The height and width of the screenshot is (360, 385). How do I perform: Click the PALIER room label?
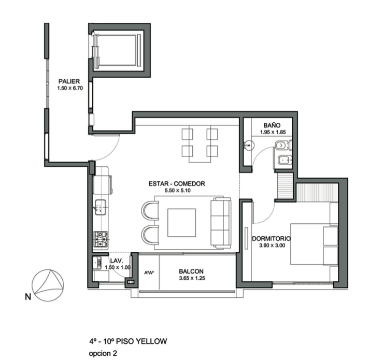click(x=69, y=81)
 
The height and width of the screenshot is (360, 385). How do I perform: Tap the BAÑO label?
click(x=272, y=125)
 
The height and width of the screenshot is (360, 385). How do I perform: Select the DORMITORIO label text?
click(x=272, y=238)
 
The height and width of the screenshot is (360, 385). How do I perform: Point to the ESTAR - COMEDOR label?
click(x=177, y=183)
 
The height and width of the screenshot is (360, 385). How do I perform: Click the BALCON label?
click(x=191, y=271)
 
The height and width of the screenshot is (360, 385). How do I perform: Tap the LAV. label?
click(x=117, y=261)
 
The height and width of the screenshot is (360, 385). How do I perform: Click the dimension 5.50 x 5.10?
click(x=178, y=191)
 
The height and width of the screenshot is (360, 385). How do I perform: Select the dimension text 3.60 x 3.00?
click(x=272, y=246)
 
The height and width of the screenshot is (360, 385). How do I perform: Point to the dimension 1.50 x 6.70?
click(x=70, y=88)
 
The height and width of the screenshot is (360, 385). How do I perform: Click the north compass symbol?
click(x=48, y=285)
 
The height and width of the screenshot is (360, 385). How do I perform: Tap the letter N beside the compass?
click(x=28, y=297)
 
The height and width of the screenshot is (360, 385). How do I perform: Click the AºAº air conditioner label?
click(x=149, y=272)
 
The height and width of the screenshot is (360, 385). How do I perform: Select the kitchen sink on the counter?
click(x=101, y=207)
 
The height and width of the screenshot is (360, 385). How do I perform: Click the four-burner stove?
click(x=101, y=239)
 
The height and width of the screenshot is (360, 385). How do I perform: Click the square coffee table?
click(x=182, y=223)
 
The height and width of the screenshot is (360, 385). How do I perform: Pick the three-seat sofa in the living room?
click(x=221, y=223)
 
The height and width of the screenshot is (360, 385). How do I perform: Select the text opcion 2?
click(x=103, y=353)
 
